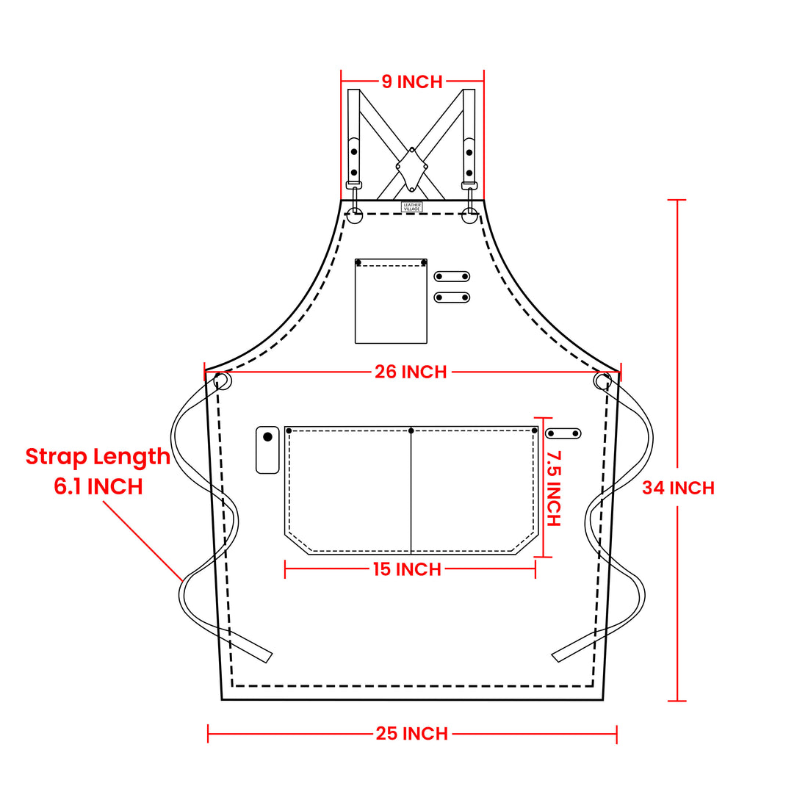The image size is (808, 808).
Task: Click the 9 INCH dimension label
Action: tap(412, 82)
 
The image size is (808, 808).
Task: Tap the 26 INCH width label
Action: tap(411, 372)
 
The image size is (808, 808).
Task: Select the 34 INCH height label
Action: tap(678, 488)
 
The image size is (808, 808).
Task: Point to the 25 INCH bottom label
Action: tap(412, 733)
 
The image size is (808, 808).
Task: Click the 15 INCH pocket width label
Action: tap(407, 569)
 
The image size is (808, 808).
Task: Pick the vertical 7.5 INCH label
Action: tap(553, 488)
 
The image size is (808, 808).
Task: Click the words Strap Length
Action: tap(98, 456)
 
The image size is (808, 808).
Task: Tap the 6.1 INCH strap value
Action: tap(98, 486)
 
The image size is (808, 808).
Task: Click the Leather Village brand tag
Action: tap(412, 207)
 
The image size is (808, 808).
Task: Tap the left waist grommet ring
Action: tap(223, 381)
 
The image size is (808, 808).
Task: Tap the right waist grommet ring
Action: tap(602, 381)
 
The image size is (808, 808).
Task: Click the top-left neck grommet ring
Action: tap(355, 216)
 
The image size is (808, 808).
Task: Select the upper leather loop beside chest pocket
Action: tap(452, 276)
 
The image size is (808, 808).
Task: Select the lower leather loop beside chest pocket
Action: tap(452, 297)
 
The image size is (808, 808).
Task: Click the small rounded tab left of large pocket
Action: tap(267, 450)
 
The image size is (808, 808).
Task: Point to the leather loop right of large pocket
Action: tap(563, 433)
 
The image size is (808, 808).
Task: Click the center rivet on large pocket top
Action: tap(411, 430)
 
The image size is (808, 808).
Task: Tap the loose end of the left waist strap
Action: tap(264, 655)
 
